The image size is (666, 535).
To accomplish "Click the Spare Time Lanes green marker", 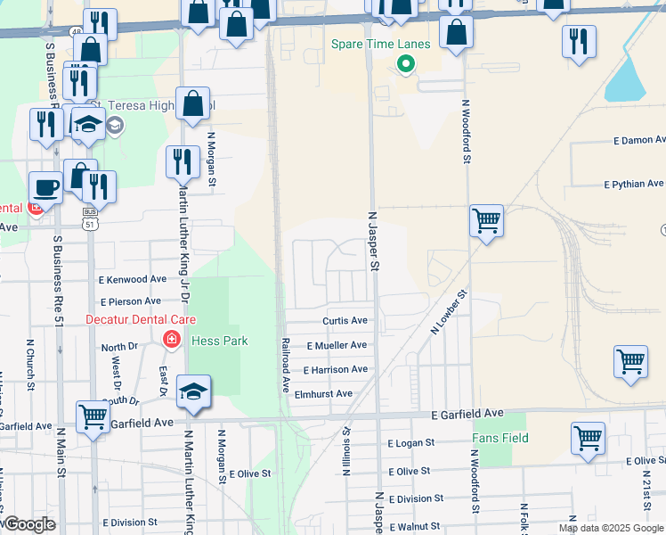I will [406, 63].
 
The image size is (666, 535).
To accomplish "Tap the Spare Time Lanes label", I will [380, 44].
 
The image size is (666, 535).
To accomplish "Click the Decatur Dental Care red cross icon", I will [170, 339].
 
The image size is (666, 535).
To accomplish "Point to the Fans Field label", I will [500, 438].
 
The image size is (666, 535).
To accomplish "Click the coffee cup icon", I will [45, 187].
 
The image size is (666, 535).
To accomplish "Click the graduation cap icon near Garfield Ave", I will [193, 391].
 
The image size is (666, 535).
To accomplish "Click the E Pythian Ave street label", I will [634, 185].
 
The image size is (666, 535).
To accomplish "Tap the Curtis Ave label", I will [345, 321].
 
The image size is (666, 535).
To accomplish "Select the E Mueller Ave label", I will [336, 345].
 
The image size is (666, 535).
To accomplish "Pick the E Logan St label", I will [410, 442].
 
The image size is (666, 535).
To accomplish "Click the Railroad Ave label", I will [286, 366].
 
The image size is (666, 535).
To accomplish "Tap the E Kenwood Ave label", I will [134, 279].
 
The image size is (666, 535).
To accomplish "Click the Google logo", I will [29, 524].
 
